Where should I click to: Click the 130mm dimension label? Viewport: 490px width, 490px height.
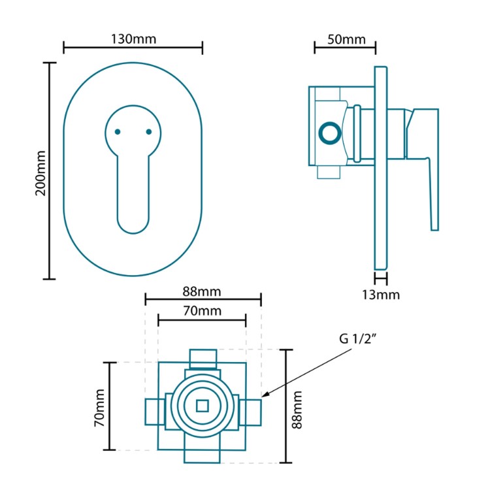(x=133, y=39)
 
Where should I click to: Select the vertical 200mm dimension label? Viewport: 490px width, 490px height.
(x=40, y=171)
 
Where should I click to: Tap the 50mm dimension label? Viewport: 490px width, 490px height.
(x=346, y=39)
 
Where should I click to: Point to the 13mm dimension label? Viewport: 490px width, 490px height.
(x=381, y=295)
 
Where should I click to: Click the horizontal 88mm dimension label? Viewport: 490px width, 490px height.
(x=202, y=289)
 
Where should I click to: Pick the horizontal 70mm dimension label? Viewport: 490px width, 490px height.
(x=202, y=310)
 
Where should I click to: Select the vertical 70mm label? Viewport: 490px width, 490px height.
(x=99, y=406)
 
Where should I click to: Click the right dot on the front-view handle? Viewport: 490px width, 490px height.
(x=148, y=132)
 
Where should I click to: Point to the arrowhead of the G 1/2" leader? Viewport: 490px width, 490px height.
(x=264, y=395)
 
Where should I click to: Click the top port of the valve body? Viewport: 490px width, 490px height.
(x=202, y=358)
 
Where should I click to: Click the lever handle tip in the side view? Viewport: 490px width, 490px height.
(x=434, y=222)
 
